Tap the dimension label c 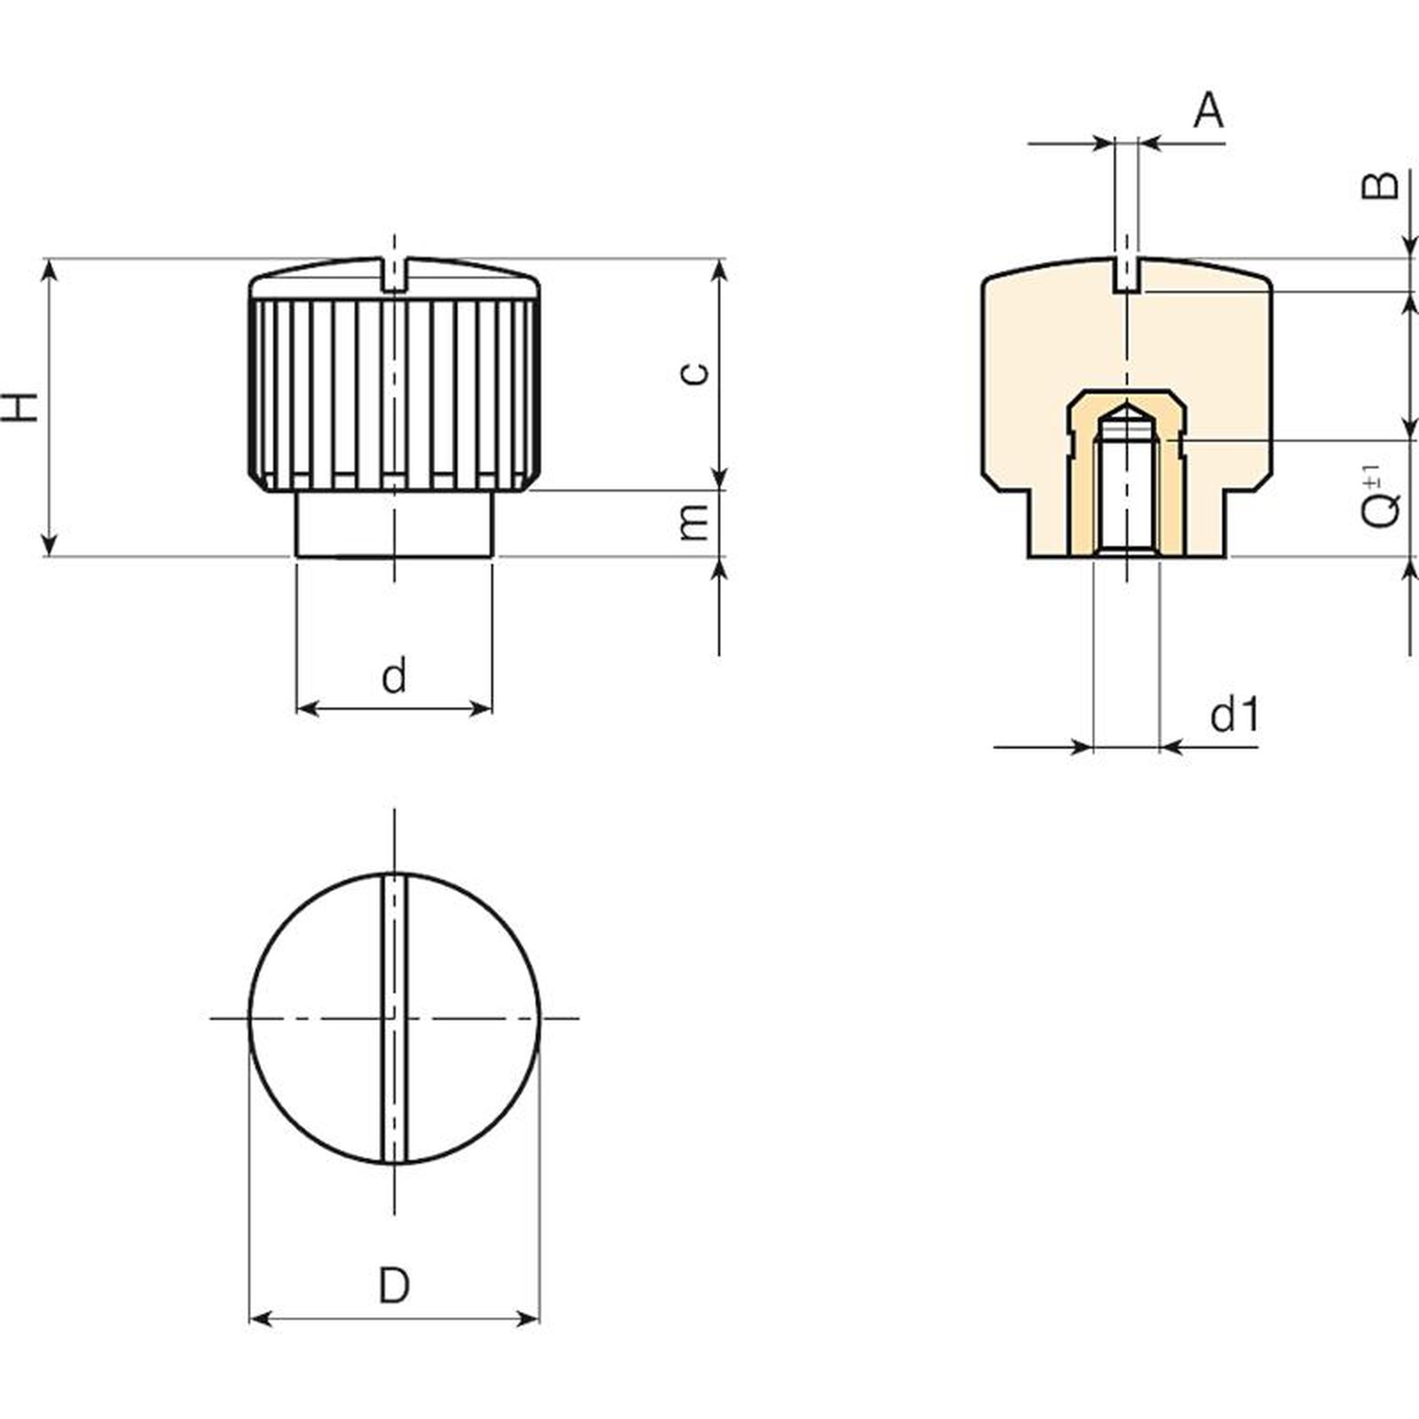pos(696,372)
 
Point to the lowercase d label pos(394,675)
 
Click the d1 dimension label pos(1235,714)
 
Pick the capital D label pos(394,1285)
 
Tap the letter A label pos(1208,111)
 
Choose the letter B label pos(1380,184)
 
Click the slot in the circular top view pos(394,1017)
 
